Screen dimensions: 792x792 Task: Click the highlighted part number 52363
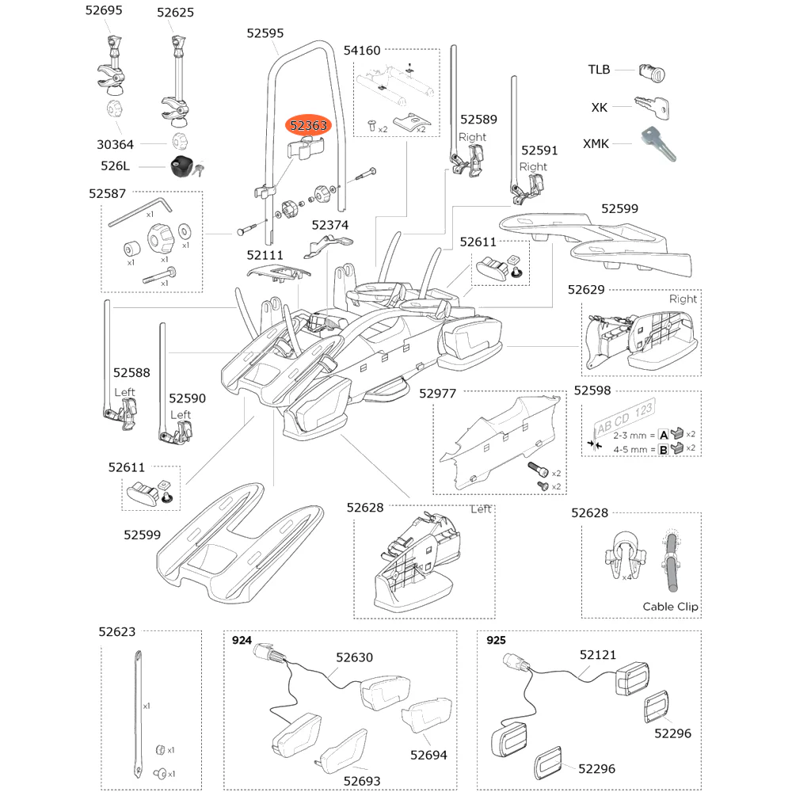point(308,125)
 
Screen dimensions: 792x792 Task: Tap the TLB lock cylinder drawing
point(652,73)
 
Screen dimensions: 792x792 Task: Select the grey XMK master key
point(658,143)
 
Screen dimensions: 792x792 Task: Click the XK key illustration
point(652,107)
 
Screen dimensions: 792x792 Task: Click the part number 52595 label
point(265,33)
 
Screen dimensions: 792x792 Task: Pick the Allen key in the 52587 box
point(140,211)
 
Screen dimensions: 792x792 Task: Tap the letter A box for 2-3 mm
point(664,434)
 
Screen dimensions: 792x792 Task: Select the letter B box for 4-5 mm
point(663,449)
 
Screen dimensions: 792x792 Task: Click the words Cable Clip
point(670,607)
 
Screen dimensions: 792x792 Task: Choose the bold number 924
point(242,641)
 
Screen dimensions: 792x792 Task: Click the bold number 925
point(496,641)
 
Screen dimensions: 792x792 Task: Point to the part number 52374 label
point(329,225)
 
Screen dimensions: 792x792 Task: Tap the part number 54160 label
point(362,51)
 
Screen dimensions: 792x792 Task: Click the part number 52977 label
point(437,394)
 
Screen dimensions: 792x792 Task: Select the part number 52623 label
point(116,632)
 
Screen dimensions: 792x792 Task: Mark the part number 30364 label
point(115,145)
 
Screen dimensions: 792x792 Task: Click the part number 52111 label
point(265,256)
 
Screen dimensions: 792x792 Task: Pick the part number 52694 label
point(428,755)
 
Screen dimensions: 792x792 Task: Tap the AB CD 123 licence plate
point(624,417)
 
